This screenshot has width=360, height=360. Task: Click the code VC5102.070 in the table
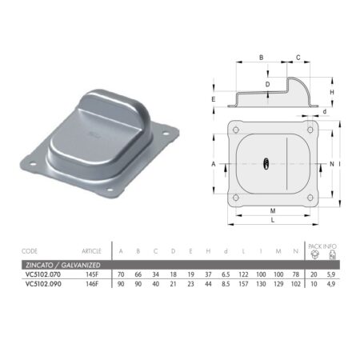(43, 274)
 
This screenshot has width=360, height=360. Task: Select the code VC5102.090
(43, 284)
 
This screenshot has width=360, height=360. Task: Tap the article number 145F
(92, 274)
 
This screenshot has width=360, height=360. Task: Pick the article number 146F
(92, 284)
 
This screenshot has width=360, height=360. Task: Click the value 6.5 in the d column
(226, 274)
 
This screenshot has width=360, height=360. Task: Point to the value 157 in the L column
(243, 284)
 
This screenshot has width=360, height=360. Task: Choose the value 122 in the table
(243, 274)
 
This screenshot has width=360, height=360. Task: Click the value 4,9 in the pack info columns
(331, 284)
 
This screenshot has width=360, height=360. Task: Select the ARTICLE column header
(91, 251)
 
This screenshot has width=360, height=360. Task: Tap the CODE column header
(30, 251)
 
